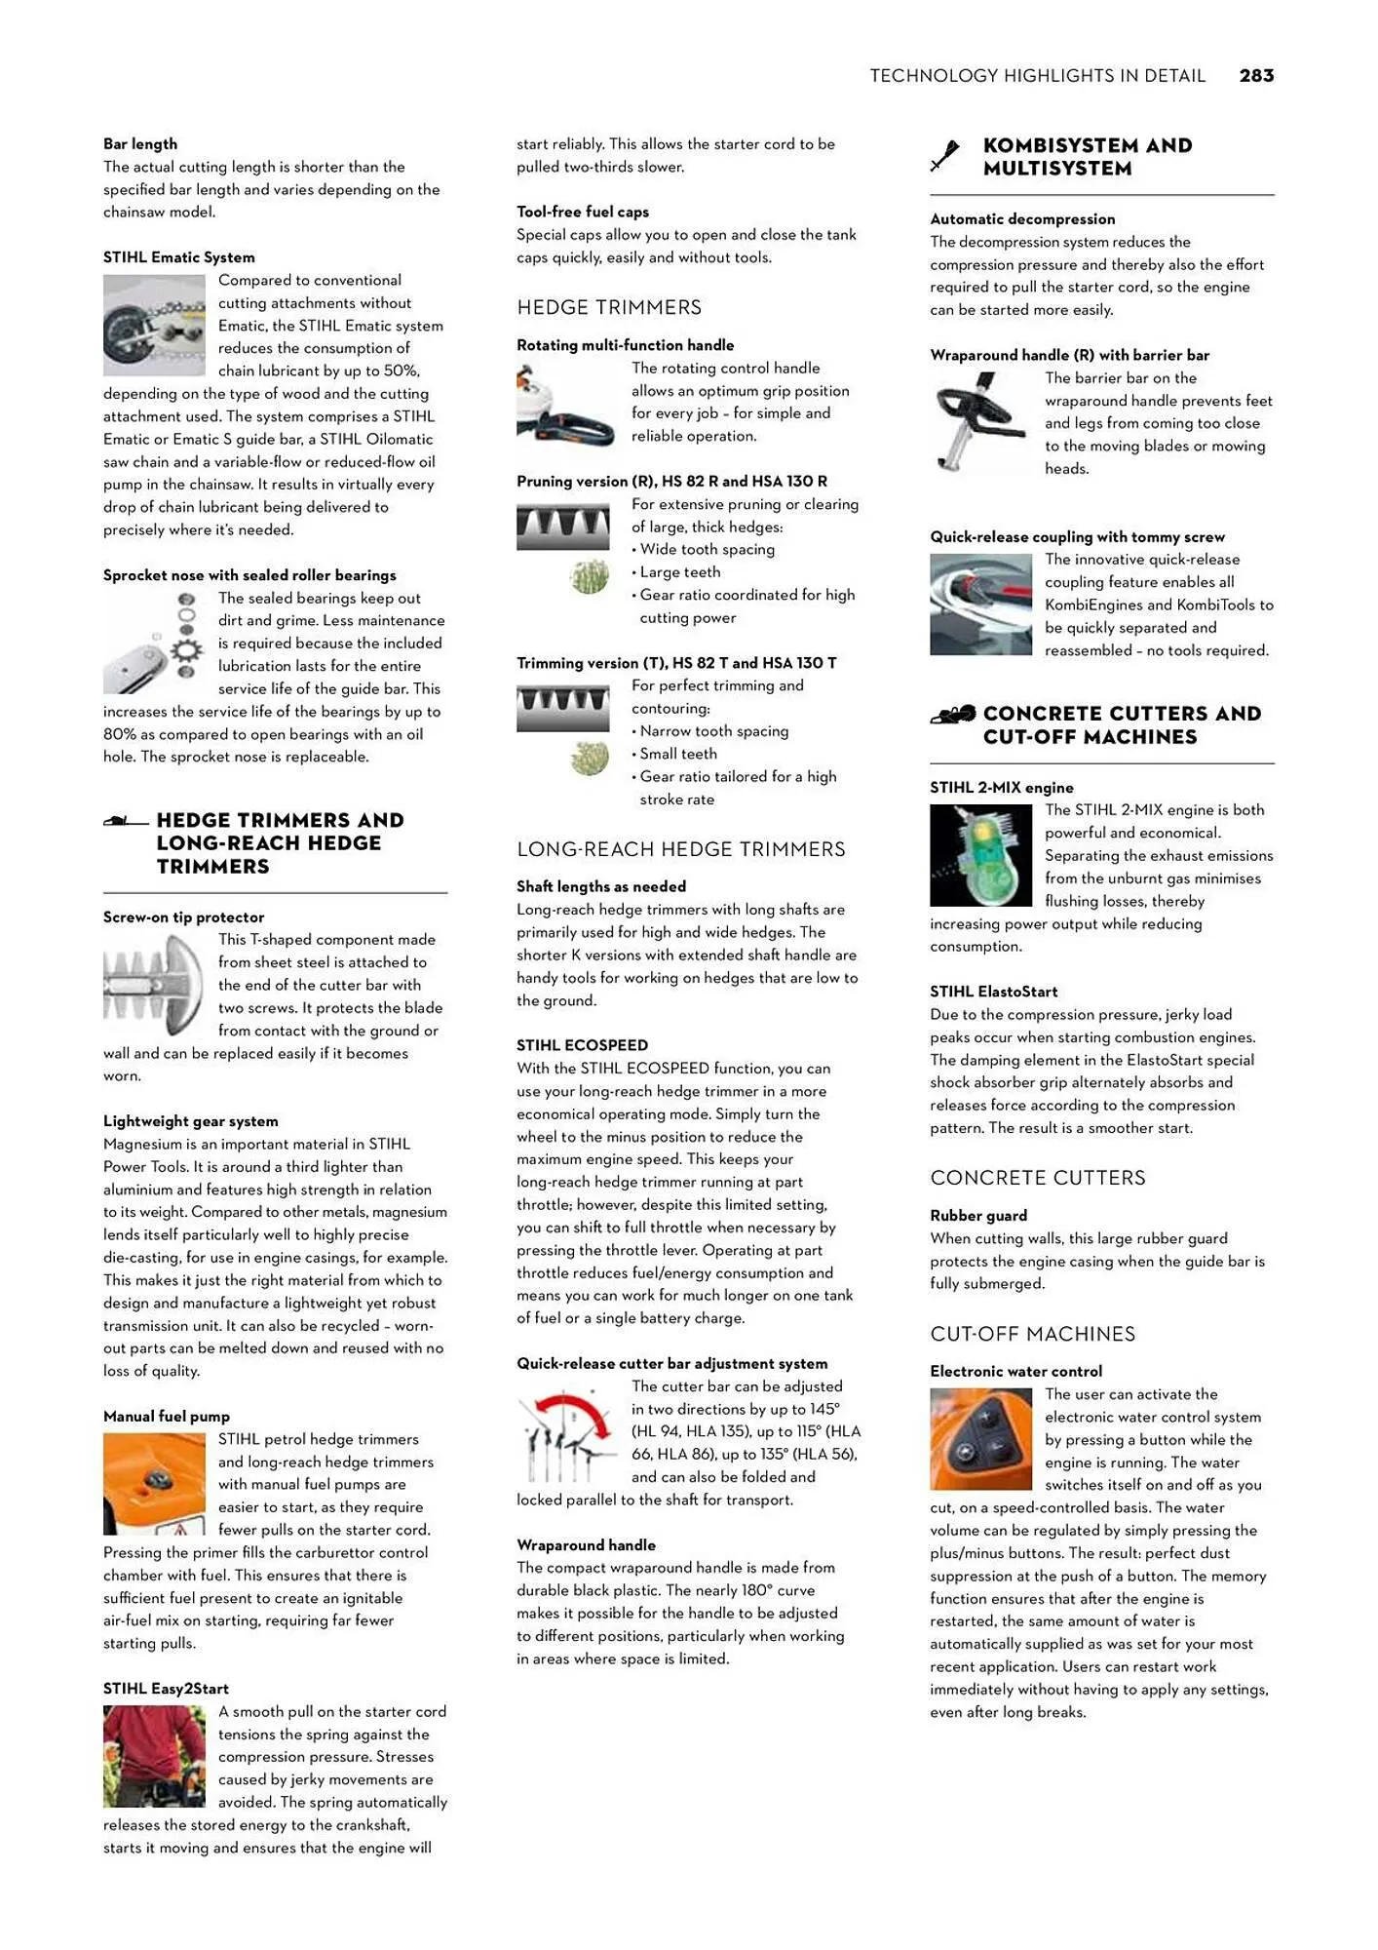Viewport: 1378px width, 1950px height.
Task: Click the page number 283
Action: tap(1256, 76)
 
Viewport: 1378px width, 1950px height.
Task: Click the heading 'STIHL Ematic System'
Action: tap(179, 257)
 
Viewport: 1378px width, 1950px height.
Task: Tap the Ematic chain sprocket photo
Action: tap(154, 326)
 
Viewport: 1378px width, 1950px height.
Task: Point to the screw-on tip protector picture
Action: tap(154, 985)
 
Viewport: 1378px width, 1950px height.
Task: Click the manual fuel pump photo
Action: tap(154, 1484)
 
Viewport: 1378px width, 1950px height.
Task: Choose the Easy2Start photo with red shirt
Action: tap(154, 1756)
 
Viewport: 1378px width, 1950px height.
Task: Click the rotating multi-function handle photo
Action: tap(565, 404)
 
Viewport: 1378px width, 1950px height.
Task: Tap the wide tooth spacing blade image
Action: tap(562, 526)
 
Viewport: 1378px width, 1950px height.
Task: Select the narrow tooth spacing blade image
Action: tap(562, 709)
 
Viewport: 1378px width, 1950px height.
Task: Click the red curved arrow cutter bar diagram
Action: tap(565, 1436)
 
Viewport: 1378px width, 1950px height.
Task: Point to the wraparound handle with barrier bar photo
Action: tap(980, 422)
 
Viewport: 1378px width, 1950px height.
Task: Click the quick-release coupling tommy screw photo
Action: tap(980, 604)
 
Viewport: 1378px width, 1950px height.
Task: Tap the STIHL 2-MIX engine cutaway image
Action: tap(980, 855)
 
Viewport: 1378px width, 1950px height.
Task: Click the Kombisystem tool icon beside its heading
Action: tap(945, 156)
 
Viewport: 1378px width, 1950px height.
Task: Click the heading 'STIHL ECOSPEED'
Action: tap(582, 1045)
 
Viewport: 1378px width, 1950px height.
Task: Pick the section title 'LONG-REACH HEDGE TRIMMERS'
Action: tap(681, 849)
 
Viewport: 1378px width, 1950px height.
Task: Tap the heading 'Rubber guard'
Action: tap(978, 1216)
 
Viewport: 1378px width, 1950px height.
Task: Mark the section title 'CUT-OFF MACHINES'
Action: tap(1032, 1334)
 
